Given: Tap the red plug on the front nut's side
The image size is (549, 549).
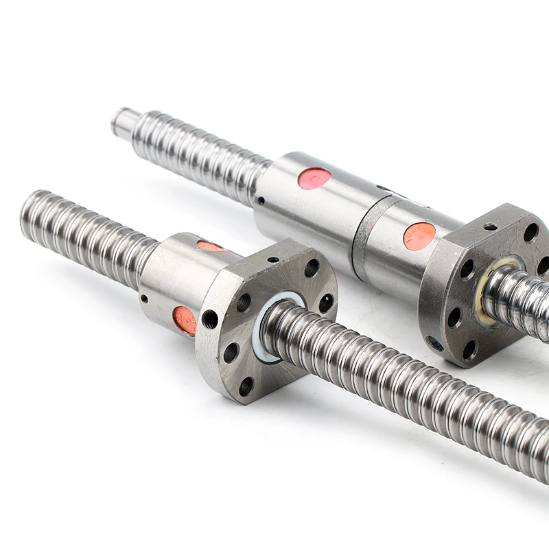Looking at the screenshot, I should click(x=185, y=320).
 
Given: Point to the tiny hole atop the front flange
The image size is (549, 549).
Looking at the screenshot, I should click(x=273, y=260).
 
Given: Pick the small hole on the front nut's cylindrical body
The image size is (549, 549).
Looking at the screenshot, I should click(x=144, y=298).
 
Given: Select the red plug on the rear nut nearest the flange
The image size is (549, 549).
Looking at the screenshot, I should click(x=419, y=235).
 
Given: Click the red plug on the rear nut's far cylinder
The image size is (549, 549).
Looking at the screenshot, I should click(x=315, y=178).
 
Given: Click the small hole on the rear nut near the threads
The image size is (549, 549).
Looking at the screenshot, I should click(x=261, y=201).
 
